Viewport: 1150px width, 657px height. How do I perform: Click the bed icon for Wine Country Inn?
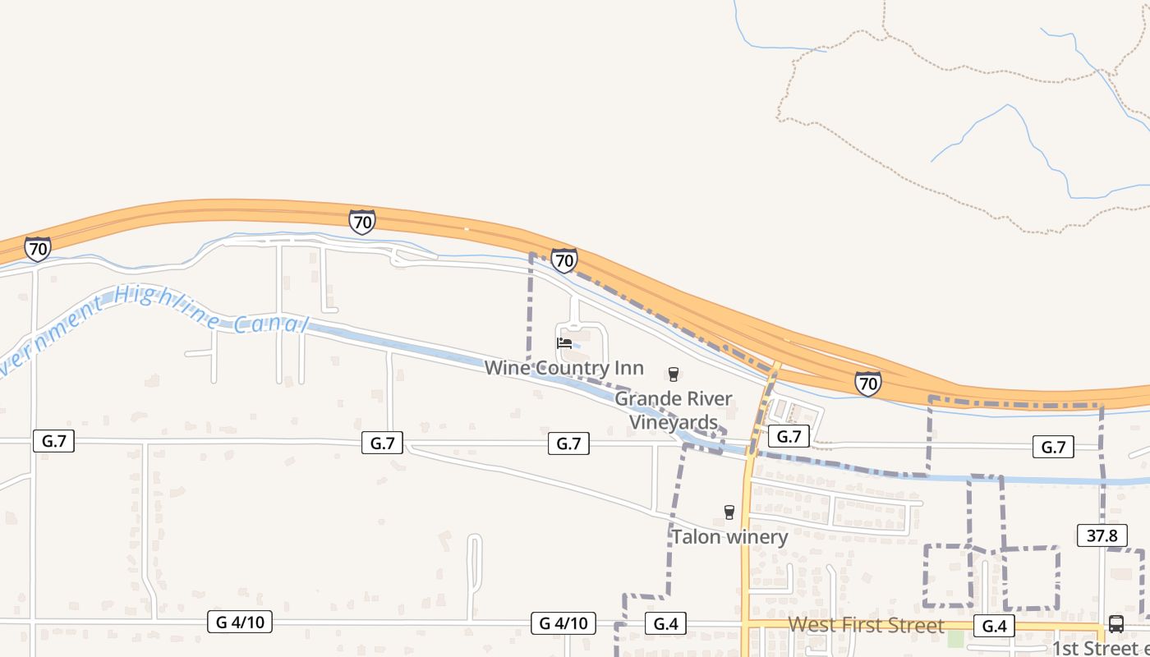pos(564,343)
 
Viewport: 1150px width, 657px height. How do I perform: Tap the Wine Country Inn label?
pos(563,368)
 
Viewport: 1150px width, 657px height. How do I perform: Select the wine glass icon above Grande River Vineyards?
pos(674,374)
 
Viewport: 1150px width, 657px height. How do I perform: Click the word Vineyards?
pos(673,422)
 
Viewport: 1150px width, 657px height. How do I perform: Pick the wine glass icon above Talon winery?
pos(729,512)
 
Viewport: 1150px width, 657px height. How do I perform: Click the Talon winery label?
pos(729,537)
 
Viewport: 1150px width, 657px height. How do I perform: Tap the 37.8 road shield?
pos(1102,535)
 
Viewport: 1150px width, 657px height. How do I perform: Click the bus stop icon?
pos(1115,623)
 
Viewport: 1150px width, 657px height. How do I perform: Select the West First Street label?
pos(866,626)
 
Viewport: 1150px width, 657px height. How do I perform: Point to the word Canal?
pos(269,323)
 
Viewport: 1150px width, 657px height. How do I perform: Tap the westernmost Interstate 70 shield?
pos(38,249)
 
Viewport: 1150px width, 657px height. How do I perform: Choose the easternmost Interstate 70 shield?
pos(867,384)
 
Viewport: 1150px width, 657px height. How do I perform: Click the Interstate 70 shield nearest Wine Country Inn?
pos(563,261)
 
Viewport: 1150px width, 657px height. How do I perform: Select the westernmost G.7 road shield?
pos(54,441)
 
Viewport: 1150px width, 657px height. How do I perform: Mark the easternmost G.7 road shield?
pos(1053,447)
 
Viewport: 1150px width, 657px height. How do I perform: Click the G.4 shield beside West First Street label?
pos(994,627)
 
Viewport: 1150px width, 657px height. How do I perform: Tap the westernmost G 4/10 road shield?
pos(240,622)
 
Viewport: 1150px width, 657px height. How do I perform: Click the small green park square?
pos(954,639)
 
